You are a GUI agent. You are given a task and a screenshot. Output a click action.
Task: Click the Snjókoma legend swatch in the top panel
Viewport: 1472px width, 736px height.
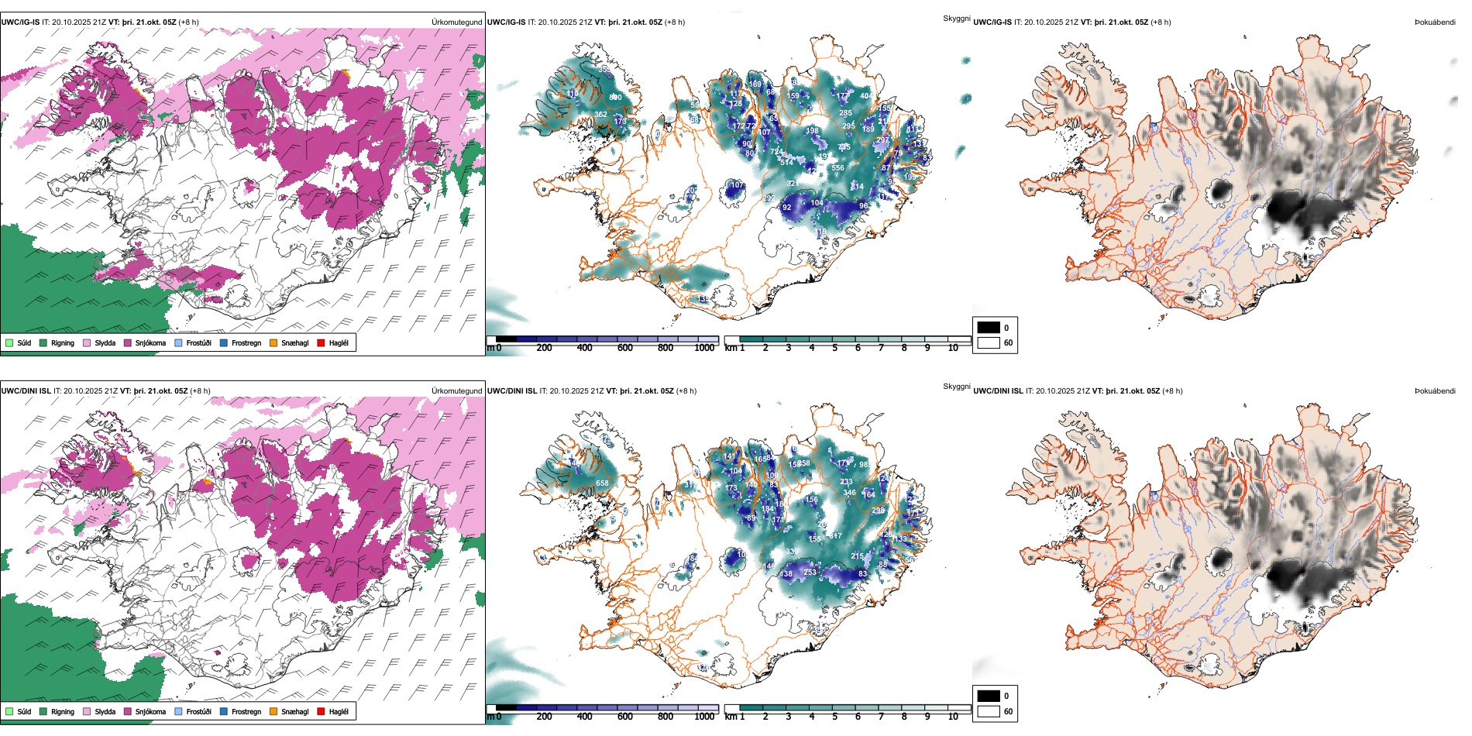(x=128, y=342)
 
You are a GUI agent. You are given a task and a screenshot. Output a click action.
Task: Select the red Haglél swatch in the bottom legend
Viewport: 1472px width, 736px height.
(x=321, y=711)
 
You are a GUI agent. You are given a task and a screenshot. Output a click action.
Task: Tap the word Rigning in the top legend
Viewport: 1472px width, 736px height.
(x=63, y=342)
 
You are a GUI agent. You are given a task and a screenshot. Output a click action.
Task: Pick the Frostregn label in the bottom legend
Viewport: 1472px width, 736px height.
(x=246, y=711)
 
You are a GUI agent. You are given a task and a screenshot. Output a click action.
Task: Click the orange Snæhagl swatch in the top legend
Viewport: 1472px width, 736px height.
(x=273, y=342)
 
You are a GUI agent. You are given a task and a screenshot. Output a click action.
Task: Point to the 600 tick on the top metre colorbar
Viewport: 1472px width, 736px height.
(x=625, y=348)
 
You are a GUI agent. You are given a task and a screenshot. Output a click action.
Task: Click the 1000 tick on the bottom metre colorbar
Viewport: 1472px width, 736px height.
(x=704, y=717)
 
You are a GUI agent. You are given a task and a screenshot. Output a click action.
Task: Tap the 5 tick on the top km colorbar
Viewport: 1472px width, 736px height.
(x=835, y=348)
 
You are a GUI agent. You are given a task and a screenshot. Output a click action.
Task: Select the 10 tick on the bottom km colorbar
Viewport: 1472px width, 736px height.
(x=953, y=717)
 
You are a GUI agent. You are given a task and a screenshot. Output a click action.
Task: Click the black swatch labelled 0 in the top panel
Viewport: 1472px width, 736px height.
(x=989, y=328)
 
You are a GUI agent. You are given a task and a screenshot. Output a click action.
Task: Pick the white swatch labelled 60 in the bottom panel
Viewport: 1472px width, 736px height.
(x=989, y=711)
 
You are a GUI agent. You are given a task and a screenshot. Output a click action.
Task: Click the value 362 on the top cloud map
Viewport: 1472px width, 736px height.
(x=600, y=115)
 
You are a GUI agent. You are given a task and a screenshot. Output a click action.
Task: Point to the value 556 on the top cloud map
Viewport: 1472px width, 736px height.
(x=837, y=168)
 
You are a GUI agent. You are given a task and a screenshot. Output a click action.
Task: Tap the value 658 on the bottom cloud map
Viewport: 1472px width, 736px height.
(x=602, y=483)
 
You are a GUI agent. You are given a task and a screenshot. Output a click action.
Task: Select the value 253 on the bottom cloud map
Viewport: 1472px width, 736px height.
(x=810, y=573)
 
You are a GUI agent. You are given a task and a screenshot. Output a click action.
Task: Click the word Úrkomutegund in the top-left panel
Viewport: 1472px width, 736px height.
(x=456, y=22)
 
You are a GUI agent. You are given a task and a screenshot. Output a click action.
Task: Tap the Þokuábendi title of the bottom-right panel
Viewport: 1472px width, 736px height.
(x=1435, y=391)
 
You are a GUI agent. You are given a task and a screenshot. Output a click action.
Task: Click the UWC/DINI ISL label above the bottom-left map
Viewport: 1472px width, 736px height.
(x=26, y=391)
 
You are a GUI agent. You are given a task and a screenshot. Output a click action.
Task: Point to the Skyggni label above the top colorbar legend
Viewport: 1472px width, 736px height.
(x=956, y=18)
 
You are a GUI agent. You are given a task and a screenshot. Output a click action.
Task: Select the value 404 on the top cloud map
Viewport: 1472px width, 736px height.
(x=865, y=96)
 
